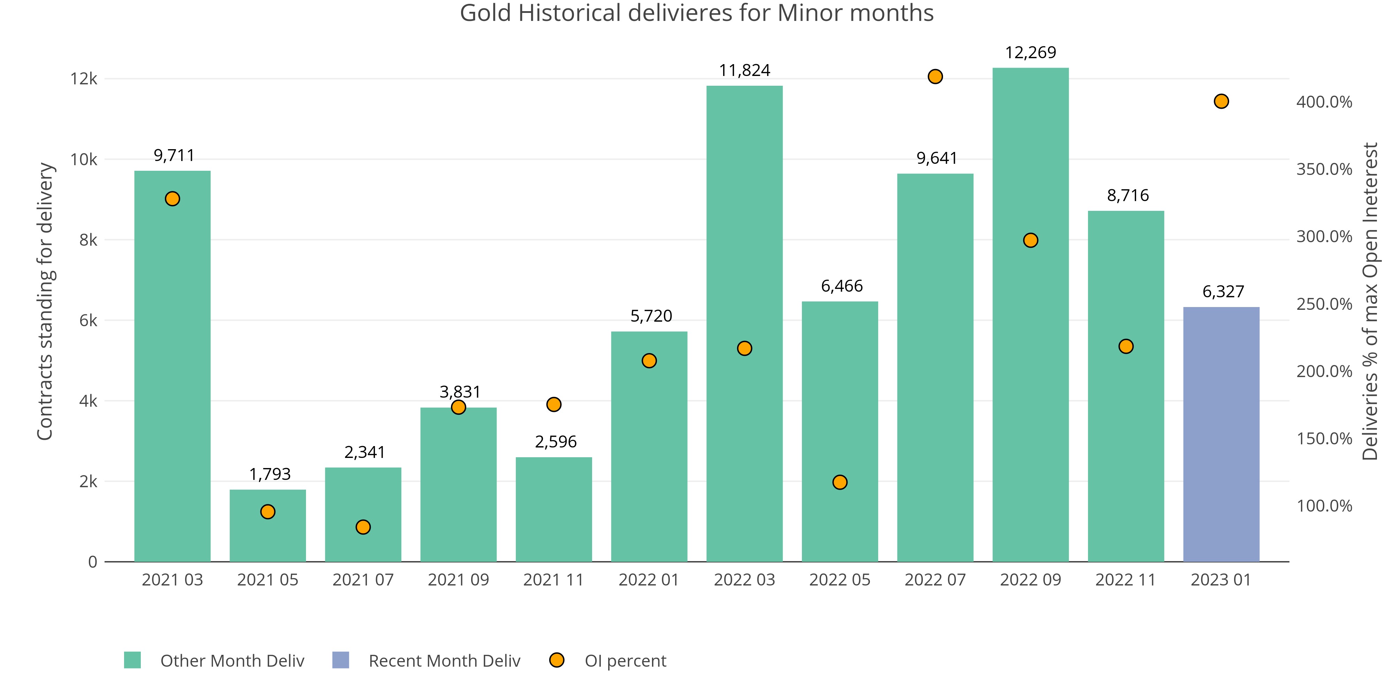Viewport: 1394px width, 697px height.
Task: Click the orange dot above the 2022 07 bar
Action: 935,77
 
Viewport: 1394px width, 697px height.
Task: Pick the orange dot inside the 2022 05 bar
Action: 840,482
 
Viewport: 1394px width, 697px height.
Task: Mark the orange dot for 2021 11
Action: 554,404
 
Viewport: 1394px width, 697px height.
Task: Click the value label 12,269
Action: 1031,53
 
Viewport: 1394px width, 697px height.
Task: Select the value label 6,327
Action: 1223,292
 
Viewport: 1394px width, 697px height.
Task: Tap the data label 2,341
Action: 365,452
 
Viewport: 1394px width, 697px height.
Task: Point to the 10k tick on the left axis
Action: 84,160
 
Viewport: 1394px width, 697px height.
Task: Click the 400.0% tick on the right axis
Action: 1324,102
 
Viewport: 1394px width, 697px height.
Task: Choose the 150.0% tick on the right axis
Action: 1324,438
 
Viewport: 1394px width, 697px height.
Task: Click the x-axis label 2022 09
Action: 1031,580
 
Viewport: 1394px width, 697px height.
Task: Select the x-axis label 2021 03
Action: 172,580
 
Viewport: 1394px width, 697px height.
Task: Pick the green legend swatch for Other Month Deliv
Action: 132,660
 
